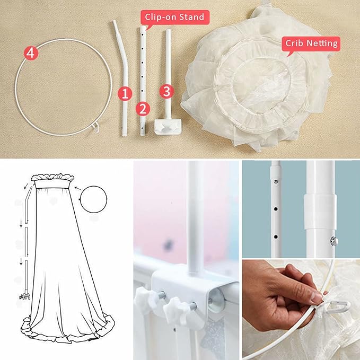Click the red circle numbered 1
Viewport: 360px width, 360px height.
125,94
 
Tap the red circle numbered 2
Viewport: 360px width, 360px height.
142,109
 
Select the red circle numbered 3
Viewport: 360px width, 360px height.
166,91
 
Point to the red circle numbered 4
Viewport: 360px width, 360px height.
31,53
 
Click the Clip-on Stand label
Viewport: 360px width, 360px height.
174,17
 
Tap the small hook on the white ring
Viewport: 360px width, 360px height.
95,126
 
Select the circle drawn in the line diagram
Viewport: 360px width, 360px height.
94,199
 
